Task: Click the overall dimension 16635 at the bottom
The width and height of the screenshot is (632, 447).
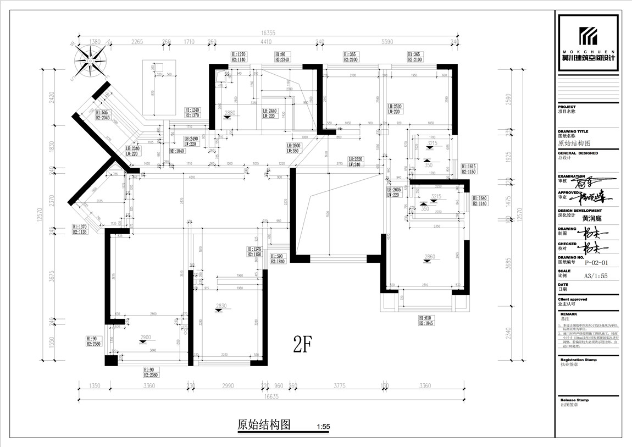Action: click(268, 395)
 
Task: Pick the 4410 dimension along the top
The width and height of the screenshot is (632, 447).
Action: click(266, 41)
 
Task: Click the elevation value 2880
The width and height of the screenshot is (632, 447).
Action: click(230, 113)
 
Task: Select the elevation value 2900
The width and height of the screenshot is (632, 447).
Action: click(146, 336)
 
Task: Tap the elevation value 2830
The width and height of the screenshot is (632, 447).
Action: click(221, 306)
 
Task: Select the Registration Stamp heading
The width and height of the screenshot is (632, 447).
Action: click(578, 360)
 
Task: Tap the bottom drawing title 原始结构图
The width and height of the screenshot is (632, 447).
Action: click(263, 425)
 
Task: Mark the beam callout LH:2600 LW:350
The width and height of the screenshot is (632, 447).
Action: click(293, 147)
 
